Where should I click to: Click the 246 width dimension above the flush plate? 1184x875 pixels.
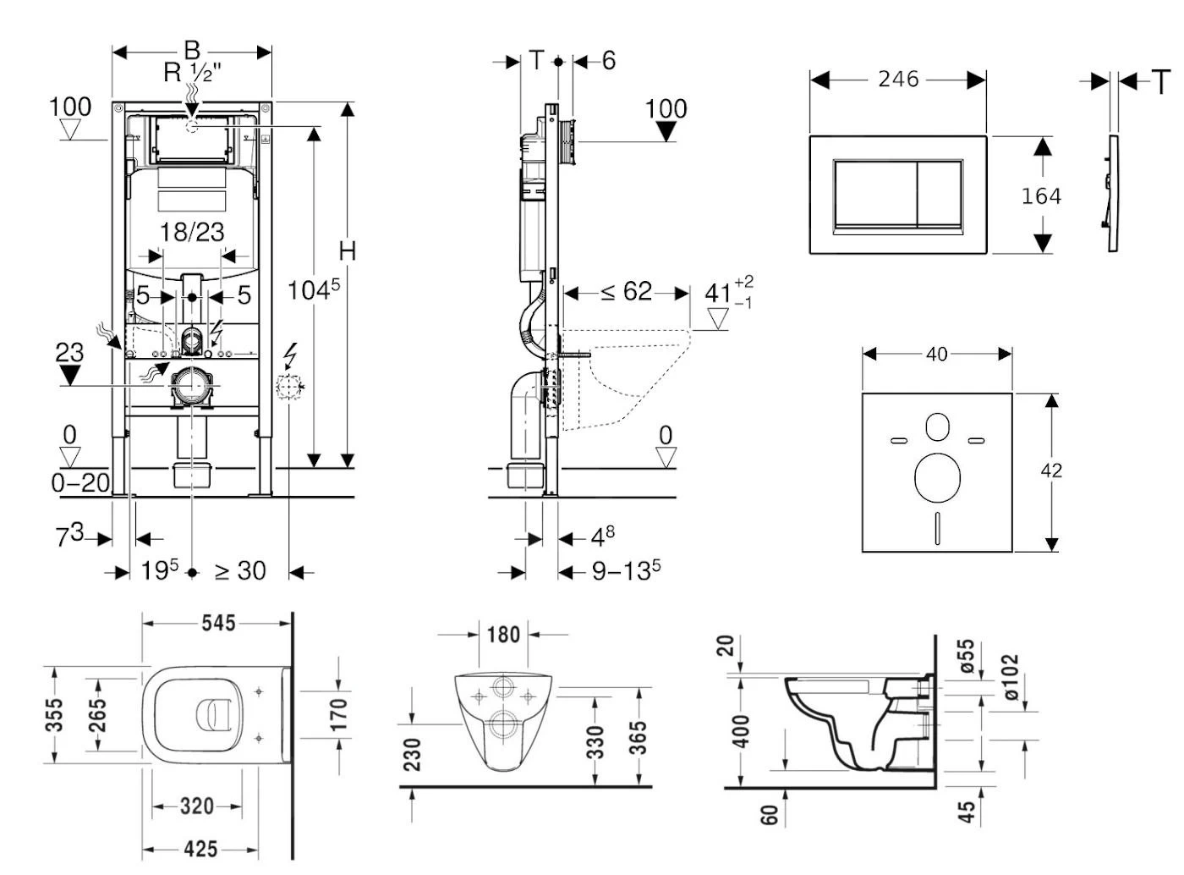click(897, 79)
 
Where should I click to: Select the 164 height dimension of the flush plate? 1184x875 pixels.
click(1041, 195)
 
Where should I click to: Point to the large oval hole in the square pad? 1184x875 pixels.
click(937, 476)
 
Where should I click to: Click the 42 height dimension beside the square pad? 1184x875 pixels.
click(1051, 471)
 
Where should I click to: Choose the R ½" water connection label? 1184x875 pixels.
click(192, 72)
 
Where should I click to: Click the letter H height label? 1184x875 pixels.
click(347, 251)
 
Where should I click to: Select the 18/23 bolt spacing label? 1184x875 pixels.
click(192, 232)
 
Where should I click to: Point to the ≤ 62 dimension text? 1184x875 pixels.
click(627, 292)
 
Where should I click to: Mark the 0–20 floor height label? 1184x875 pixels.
click(80, 482)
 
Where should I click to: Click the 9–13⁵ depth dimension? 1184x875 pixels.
click(626, 571)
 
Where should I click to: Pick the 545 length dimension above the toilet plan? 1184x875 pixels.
click(218, 623)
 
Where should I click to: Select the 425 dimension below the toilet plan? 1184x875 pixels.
click(200, 849)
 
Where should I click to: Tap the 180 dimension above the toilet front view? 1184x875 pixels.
click(503, 634)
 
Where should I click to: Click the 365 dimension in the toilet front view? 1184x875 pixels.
click(638, 738)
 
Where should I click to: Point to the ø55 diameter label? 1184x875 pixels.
click(966, 656)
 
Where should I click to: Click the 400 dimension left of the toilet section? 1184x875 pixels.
click(741, 731)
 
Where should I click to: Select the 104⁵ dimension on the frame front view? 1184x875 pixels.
click(313, 289)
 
